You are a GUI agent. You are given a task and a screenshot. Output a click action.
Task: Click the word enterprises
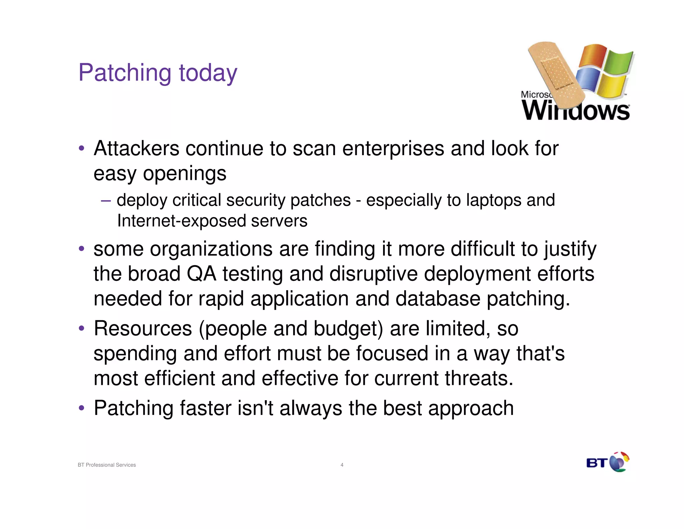point(393,149)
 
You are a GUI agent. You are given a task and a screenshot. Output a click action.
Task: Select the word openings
point(185,174)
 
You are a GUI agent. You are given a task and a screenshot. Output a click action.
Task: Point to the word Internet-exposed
point(181,221)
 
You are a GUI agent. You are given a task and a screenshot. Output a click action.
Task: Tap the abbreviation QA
point(201,274)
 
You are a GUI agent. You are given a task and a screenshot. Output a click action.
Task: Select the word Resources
point(143,328)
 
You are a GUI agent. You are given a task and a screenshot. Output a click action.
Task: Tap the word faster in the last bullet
point(206,408)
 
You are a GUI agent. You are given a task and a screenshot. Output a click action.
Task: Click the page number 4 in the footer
point(342,465)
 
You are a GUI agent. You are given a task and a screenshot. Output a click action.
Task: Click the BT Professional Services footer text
point(107,465)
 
